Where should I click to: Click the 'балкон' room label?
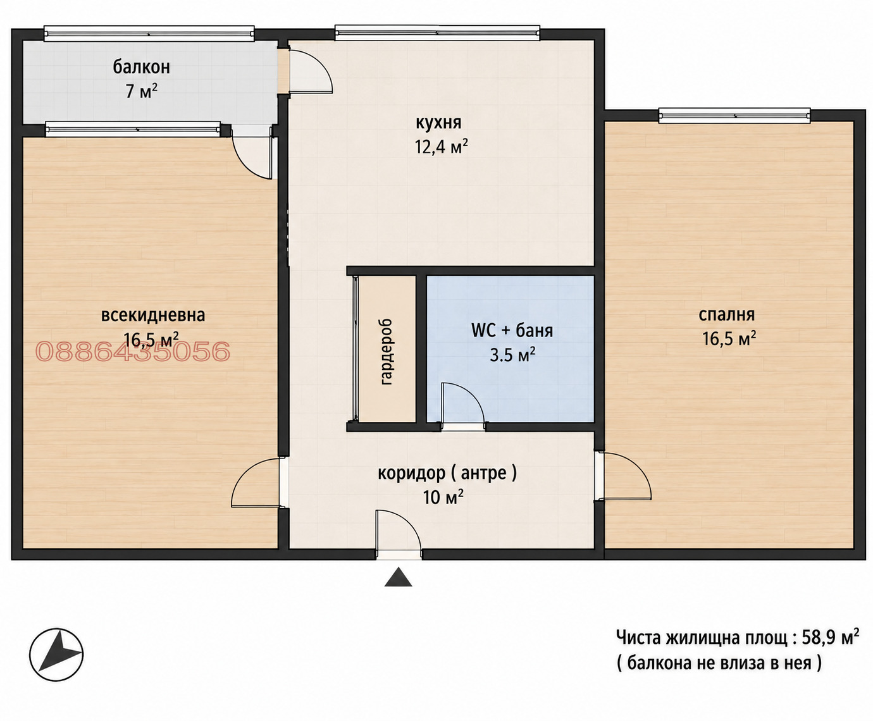coord(141,67)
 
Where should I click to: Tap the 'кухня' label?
coord(438,123)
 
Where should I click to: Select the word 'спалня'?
coord(727,315)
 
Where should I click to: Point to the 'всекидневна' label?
coord(153,315)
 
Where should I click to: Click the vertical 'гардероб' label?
coord(387,352)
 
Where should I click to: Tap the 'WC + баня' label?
coord(512,331)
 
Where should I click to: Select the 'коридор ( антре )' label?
coord(447,473)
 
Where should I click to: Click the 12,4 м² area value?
coord(441,147)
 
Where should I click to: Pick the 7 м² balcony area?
coord(142,90)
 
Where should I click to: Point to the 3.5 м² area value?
coord(512,355)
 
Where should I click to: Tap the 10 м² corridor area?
coord(443,497)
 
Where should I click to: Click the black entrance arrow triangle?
coord(399,577)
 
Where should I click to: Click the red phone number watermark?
coord(133,351)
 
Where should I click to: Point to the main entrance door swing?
coord(399,533)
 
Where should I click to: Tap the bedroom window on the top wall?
coord(734,115)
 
